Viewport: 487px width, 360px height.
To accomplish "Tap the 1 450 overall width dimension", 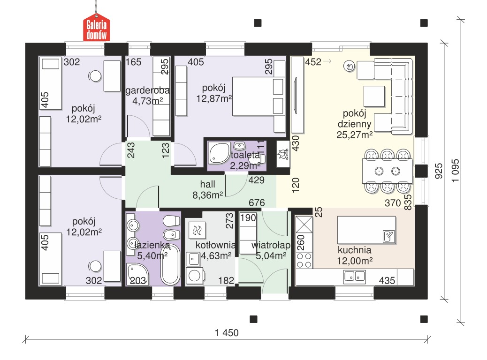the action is pyautogui.click(x=227, y=333).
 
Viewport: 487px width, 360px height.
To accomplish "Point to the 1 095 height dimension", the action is pyautogui.click(x=455, y=171).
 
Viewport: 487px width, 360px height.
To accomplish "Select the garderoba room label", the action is pyautogui.click(x=147, y=90).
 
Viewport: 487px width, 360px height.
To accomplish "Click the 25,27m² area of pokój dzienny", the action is pyautogui.click(x=355, y=135).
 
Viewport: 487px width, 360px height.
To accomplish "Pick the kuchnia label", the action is pyautogui.click(x=354, y=250).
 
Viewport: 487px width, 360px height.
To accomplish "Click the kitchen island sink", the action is pyautogui.click(x=388, y=236).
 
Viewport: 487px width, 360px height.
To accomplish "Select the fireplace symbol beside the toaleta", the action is pyautogui.click(x=283, y=154).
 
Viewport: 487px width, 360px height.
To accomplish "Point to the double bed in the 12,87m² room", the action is pyautogui.click(x=259, y=96).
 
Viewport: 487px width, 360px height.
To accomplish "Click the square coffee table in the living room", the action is pyautogui.click(x=374, y=97).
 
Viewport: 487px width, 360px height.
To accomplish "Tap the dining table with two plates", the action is pyautogui.click(x=388, y=171).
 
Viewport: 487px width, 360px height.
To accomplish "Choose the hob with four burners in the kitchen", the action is pyautogui.click(x=304, y=260).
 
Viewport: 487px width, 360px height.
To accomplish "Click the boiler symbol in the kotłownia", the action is pyautogui.click(x=197, y=230).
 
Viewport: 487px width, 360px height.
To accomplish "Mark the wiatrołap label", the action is pyautogui.click(x=271, y=245).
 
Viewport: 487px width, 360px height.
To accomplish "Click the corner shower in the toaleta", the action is pyautogui.click(x=219, y=153).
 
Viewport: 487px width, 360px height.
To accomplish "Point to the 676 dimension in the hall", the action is pyautogui.click(x=257, y=202).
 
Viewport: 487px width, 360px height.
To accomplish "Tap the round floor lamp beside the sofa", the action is pyautogui.click(x=350, y=67).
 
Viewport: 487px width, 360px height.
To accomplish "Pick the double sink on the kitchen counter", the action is pyautogui.click(x=354, y=276).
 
